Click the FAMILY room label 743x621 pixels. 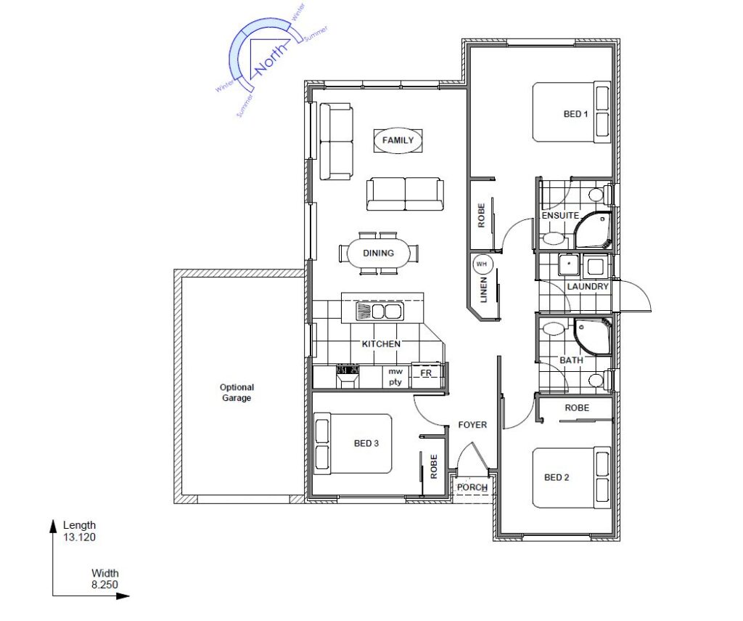tap(398, 140)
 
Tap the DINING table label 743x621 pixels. tap(378, 253)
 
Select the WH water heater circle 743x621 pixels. tap(482, 264)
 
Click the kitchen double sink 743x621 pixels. tap(379, 312)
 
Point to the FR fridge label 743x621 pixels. tap(426, 373)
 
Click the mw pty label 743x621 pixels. tap(395, 377)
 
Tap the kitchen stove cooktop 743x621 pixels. tap(348, 370)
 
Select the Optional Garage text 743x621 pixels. tap(237, 393)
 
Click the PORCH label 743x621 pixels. tap(472, 487)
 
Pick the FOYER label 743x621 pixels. tap(472, 425)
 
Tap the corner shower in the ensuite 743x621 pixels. tap(593, 230)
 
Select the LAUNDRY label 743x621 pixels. tap(588, 287)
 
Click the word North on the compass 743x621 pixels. tap(271, 60)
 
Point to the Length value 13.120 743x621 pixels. tap(80, 537)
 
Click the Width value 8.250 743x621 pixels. tap(104, 585)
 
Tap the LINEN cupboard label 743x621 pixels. tap(483, 290)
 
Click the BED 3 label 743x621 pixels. tap(366, 444)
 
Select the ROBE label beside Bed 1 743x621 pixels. tap(482, 216)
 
